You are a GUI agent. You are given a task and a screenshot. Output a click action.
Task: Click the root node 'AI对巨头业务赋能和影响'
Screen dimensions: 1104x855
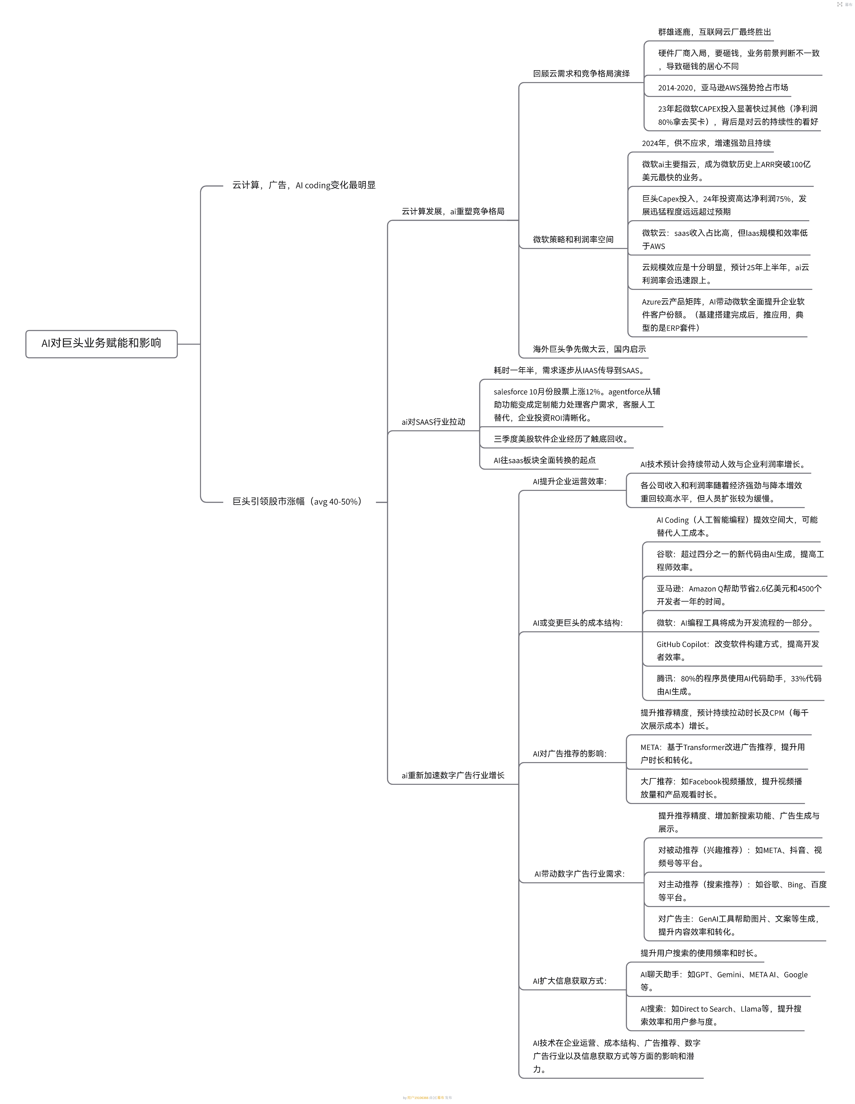click(x=101, y=343)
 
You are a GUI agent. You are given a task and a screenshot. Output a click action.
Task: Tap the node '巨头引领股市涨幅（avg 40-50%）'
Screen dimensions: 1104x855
click(x=297, y=501)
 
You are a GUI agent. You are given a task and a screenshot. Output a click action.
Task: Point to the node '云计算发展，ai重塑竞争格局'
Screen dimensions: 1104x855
click(x=452, y=211)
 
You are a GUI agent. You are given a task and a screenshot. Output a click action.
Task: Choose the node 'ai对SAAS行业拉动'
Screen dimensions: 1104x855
click(x=433, y=422)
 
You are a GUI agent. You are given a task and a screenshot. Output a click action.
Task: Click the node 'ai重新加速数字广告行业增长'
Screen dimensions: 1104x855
click(x=452, y=775)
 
